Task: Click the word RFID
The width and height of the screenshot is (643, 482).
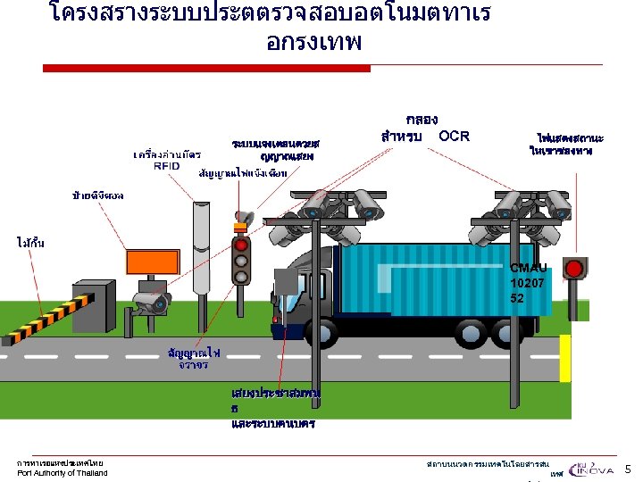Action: click(166, 166)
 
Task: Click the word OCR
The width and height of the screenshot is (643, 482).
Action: click(454, 136)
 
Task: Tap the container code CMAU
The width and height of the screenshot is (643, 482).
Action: click(528, 268)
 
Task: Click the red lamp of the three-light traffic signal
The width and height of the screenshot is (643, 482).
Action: click(239, 245)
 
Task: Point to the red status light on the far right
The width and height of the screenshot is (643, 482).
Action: click(575, 268)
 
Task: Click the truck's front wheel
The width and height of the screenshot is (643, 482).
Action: click(318, 331)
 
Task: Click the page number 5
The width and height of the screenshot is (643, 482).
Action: click(627, 469)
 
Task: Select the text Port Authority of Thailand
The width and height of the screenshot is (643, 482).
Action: click(63, 473)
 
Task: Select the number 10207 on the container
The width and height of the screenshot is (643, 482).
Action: click(528, 283)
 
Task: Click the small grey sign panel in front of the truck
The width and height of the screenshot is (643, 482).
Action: click(287, 282)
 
